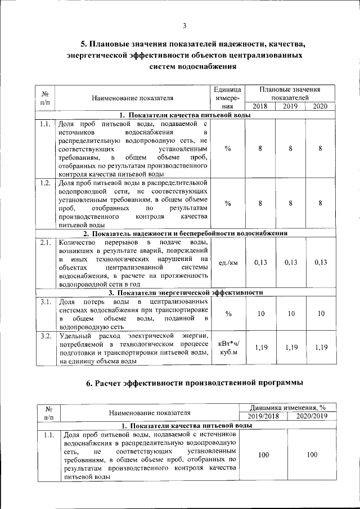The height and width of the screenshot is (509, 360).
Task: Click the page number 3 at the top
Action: point(184,25)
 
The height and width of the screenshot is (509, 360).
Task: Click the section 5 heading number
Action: point(84,44)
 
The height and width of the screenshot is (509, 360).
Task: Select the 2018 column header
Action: point(260,106)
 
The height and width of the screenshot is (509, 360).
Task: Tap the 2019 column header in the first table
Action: point(290,106)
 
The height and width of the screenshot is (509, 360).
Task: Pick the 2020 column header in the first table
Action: point(320,106)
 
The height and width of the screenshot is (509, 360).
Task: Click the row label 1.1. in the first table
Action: point(46,124)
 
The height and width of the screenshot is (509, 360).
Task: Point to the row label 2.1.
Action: point(46,242)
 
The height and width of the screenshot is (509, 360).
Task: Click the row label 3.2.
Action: point(46,336)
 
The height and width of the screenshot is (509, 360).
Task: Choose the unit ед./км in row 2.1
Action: point(228,263)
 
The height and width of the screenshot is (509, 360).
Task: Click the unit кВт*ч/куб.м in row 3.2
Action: point(228,348)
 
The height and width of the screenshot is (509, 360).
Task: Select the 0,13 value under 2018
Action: point(260,263)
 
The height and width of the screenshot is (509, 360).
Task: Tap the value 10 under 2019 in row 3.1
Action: point(290,314)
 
